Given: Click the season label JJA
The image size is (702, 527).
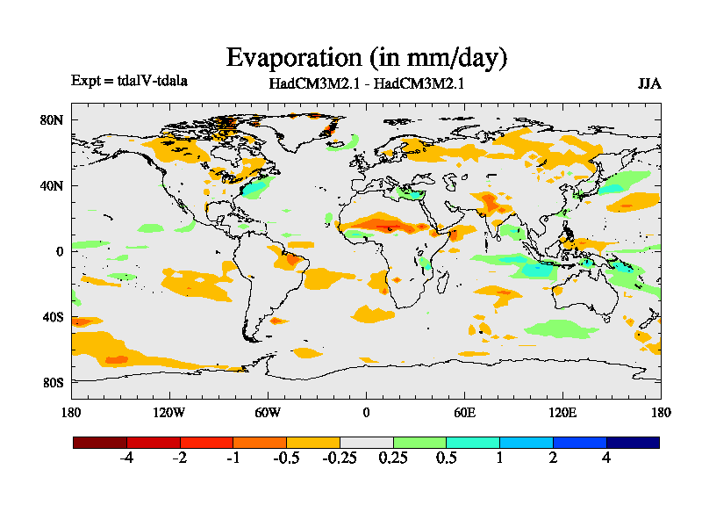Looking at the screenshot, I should pyautogui.click(x=649, y=84).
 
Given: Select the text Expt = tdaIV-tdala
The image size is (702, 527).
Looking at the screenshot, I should pyautogui.click(x=129, y=81).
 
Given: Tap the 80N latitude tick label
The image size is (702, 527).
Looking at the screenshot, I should pyautogui.click(x=54, y=119).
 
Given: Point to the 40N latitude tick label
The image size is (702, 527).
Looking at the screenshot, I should pyautogui.click(x=54, y=185).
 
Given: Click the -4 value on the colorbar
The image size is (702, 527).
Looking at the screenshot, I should pyautogui.click(x=126, y=458).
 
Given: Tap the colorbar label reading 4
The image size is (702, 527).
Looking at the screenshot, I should pyautogui.click(x=606, y=458).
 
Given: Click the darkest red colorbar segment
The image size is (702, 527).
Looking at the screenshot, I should pyautogui.click(x=100, y=443).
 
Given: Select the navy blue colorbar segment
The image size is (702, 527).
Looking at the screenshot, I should pyautogui.click(x=633, y=443).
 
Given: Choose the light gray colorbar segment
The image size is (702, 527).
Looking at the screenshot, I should pyautogui.click(x=367, y=443).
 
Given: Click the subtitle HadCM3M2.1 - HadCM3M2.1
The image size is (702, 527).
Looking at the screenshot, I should pyautogui.click(x=366, y=84).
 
